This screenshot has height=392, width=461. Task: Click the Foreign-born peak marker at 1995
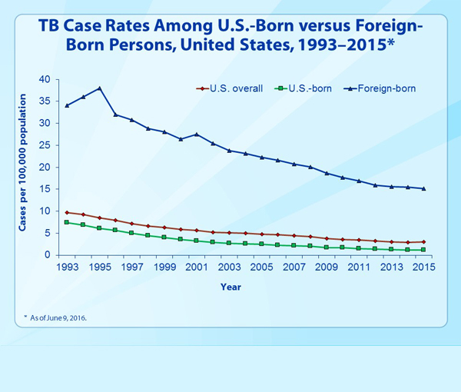pos(99,88)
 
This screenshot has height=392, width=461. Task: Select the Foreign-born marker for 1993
pos(67,105)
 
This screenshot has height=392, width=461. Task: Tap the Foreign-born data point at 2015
pos(423,188)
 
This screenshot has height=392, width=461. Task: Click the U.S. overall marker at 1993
pos(67,212)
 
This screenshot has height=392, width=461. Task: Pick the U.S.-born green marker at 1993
pos(67,222)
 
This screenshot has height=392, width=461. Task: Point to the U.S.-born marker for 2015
pos(423,250)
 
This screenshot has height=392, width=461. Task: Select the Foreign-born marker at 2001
pos(197,135)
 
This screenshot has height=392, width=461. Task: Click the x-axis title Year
pos(230,287)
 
